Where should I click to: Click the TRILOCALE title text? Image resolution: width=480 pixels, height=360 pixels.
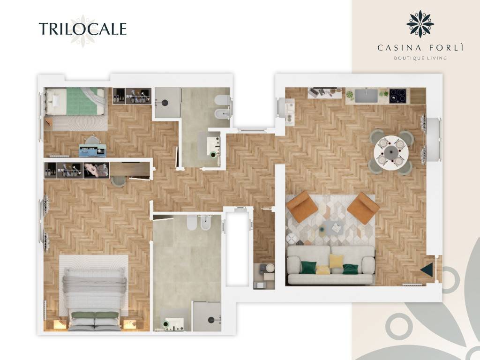pos(82,29)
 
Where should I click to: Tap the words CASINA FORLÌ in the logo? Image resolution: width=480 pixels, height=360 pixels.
pos(420,47)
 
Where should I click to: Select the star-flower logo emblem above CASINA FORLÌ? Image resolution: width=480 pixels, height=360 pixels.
pos(420,23)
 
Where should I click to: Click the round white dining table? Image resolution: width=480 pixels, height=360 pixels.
pos(391,152)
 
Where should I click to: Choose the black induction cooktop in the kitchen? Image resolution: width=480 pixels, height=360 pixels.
pos(398,96)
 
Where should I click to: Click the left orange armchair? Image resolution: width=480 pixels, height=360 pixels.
pos(302,207)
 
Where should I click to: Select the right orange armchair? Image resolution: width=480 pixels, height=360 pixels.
pos(363,208)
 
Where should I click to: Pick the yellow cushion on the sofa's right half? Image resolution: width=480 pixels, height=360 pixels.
pos(336,261)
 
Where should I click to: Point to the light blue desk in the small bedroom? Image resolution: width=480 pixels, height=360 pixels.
pos(92,150)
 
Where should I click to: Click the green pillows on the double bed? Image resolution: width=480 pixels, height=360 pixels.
pos(95,315)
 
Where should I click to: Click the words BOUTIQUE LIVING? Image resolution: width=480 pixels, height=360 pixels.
pos(420,58)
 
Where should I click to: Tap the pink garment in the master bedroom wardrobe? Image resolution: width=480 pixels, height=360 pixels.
pos(94,168)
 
